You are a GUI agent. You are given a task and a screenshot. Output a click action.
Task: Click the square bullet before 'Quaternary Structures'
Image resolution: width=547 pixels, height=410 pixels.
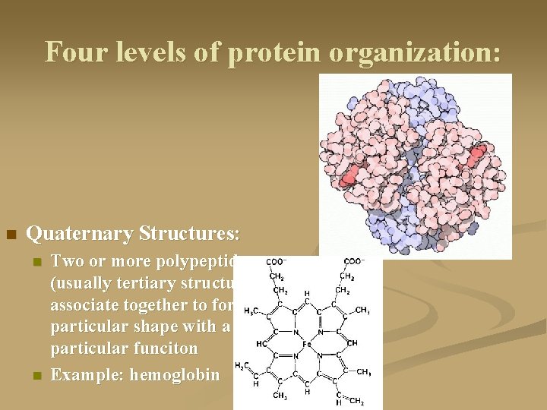[11, 234]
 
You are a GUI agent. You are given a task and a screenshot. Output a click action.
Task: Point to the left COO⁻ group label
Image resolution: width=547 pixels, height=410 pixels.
[276, 262]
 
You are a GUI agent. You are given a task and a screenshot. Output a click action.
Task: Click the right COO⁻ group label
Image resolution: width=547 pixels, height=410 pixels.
[354, 262]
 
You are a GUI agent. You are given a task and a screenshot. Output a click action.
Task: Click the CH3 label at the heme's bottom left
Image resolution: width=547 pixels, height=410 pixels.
[279, 395]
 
